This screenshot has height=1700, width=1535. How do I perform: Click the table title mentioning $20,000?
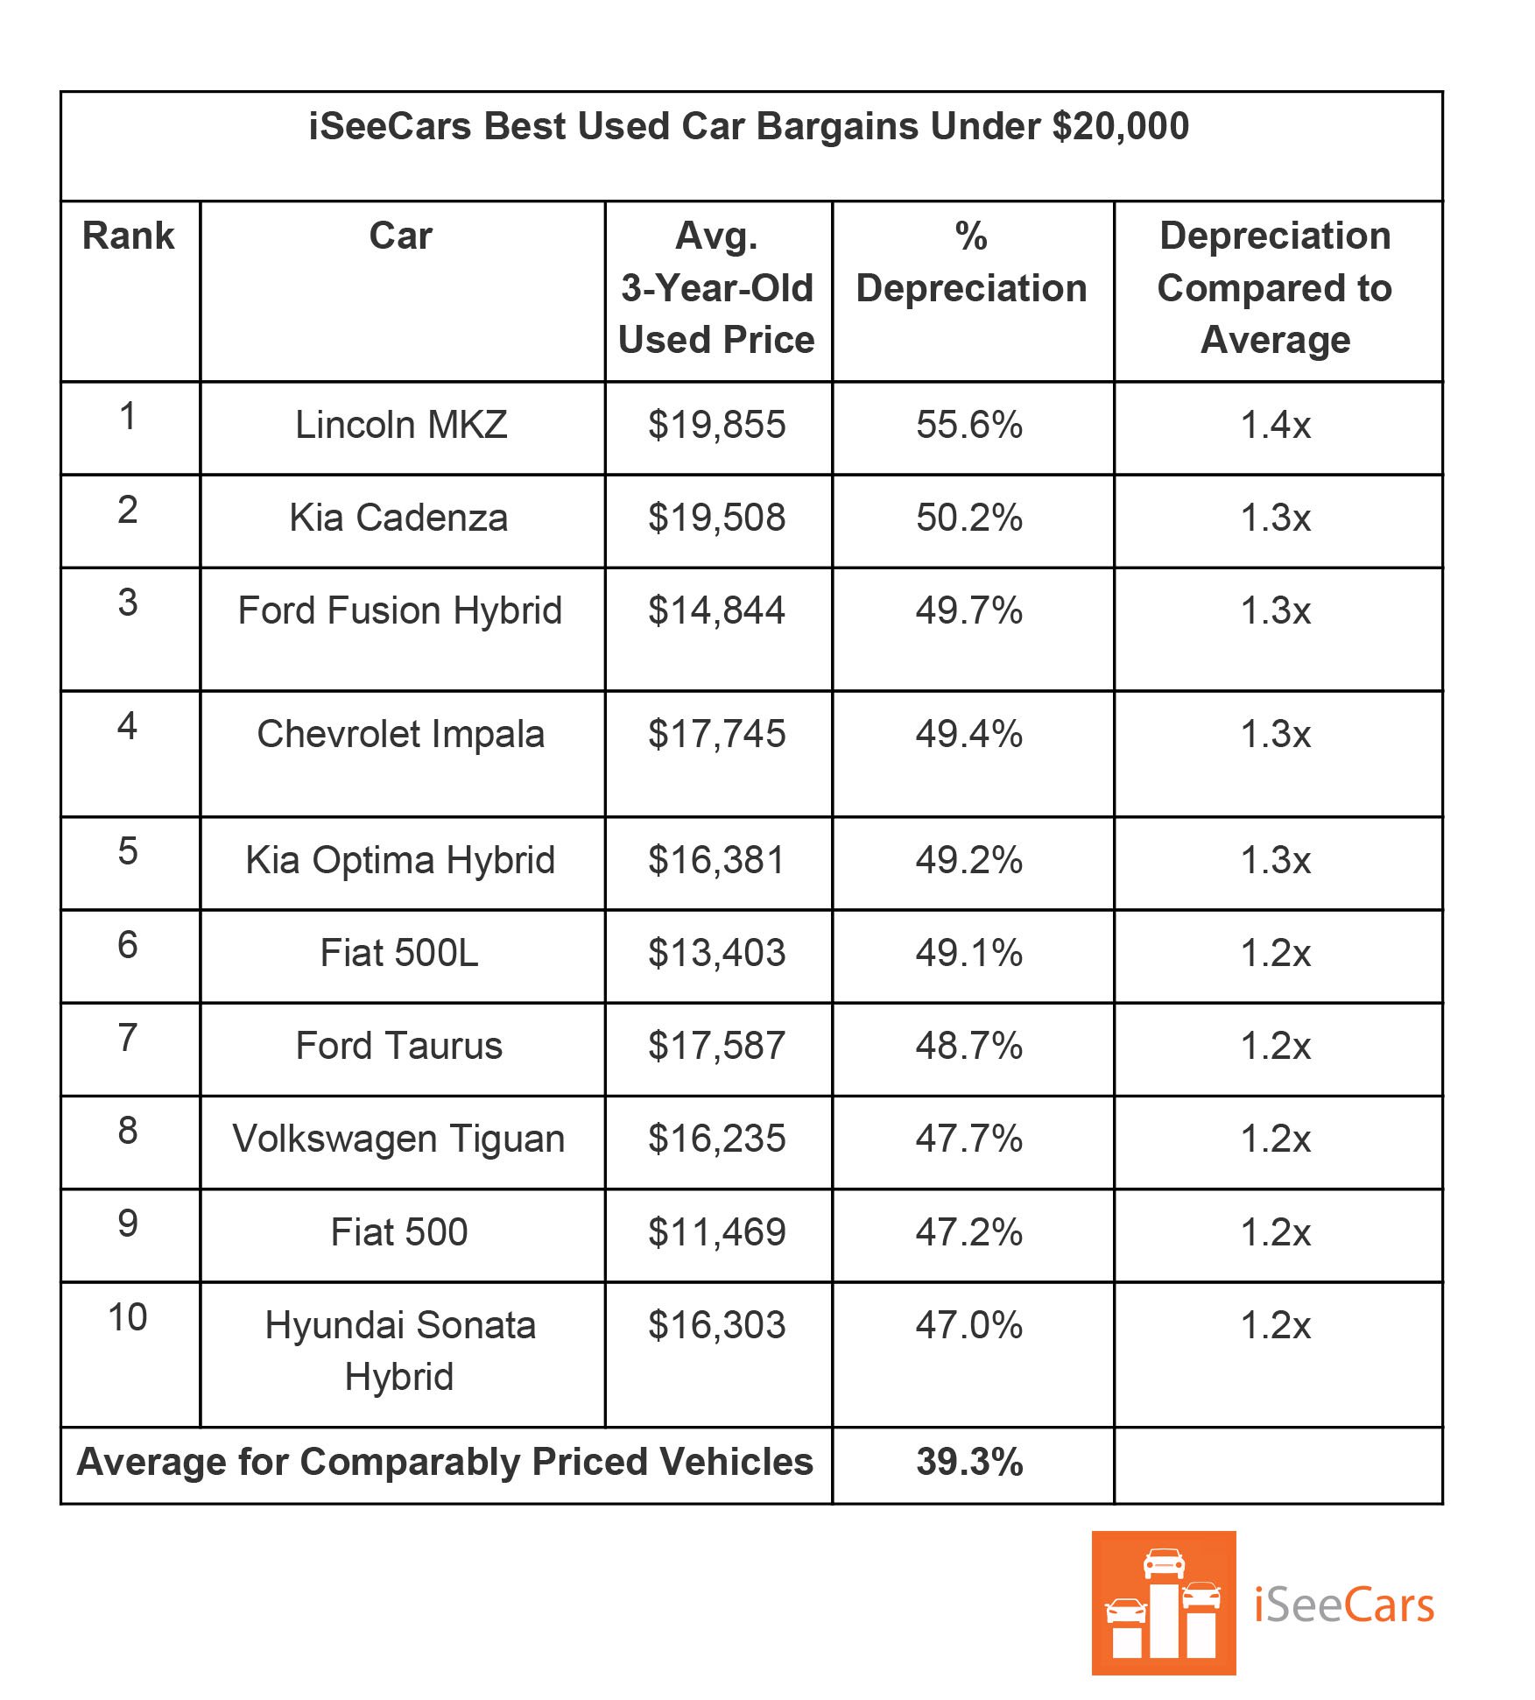(x=749, y=127)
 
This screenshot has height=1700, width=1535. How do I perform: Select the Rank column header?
(x=128, y=236)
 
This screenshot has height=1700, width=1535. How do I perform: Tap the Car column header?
(x=401, y=236)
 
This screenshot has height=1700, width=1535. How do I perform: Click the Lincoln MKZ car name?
(x=401, y=426)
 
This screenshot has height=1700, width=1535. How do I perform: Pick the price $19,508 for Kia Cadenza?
(x=716, y=518)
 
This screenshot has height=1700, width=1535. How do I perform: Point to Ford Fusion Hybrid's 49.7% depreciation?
(x=969, y=610)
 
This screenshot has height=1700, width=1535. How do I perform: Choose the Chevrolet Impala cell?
(x=401, y=735)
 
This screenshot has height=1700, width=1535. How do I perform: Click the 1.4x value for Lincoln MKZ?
(x=1276, y=426)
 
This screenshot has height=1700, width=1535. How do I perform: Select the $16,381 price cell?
(x=716, y=861)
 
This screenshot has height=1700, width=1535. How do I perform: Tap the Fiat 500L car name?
(x=399, y=954)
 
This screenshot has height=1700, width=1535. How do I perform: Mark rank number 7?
(x=128, y=1038)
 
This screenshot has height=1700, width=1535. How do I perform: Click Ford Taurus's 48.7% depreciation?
(x=969, y=1047)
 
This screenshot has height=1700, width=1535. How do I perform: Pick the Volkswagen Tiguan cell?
(x=399, y=1139)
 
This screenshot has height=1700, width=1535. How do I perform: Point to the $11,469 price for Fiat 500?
(x=716, y=1233)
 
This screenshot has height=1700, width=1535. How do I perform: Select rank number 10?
(x=128, y=1318)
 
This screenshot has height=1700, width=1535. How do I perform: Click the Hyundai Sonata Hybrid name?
(x=400, y=1351)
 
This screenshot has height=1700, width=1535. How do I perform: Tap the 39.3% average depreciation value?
(x=969, y=1463)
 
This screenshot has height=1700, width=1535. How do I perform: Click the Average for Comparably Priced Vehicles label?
(x=445, y=1463)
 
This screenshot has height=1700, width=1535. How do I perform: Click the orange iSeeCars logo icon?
(x=1164, y=1604)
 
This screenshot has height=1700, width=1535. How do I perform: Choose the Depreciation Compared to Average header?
(x=1276, y=288)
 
